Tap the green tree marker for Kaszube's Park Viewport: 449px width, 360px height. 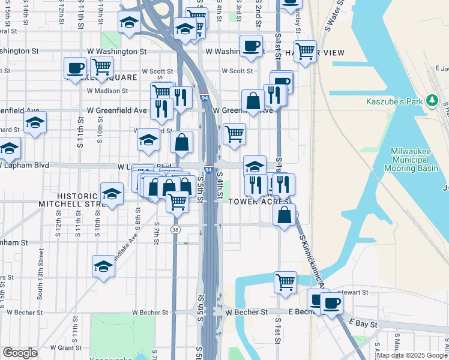point(430,100)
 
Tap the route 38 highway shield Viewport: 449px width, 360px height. point(175,229)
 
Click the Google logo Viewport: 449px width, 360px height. point(20,353)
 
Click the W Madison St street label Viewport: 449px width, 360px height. point(107,91)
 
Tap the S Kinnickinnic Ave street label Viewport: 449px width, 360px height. point(312,261)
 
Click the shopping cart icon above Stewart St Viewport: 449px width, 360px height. point(285,281)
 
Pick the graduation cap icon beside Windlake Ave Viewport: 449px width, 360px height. point(104,266)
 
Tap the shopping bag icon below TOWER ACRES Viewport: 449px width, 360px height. point(284,214)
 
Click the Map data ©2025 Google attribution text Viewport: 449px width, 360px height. point(411,355)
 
